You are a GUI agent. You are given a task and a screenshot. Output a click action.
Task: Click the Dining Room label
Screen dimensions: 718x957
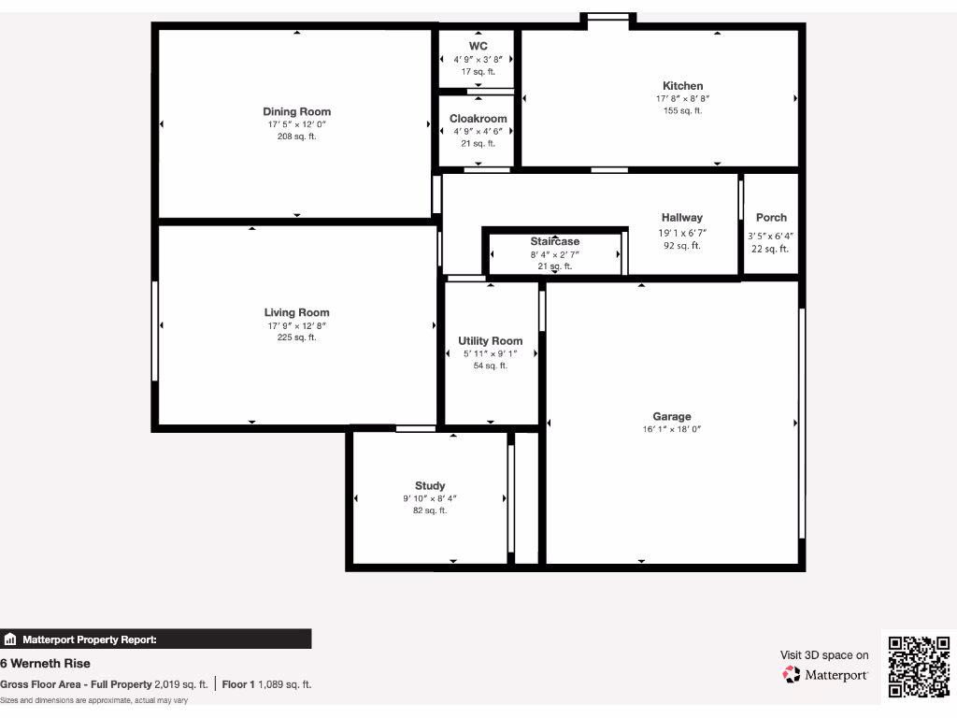pos(296,112)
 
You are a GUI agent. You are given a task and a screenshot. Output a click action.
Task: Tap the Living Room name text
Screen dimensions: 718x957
pos(296,313)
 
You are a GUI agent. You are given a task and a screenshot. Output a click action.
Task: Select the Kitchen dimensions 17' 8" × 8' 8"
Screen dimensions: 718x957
pos(682,98)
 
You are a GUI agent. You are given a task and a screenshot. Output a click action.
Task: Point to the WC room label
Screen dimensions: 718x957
pos(478,46)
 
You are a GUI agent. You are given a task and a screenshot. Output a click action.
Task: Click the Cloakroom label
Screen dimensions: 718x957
pos(478,119)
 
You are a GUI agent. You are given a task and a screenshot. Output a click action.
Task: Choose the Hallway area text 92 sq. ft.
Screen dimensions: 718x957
pos(682,246)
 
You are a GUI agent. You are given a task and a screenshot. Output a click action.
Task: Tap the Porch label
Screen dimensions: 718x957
pos(771,218)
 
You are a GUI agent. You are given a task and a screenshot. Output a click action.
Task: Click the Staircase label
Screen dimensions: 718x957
pos(555,241)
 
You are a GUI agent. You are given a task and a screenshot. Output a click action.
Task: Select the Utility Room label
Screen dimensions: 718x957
pos(491,341)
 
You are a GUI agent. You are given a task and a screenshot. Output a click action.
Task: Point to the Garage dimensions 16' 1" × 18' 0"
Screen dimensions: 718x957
pos(671,429)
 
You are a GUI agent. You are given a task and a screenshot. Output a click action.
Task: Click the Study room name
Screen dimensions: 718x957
pos(430,486)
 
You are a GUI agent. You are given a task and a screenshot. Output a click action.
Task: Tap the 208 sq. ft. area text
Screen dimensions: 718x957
pos(296,136)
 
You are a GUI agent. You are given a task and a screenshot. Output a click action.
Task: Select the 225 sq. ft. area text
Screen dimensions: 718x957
pos(296,337)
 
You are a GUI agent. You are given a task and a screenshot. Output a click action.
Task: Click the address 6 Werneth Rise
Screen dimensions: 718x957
pos(46,663)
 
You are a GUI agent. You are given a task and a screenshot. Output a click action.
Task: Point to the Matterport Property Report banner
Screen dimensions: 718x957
pos(155,639)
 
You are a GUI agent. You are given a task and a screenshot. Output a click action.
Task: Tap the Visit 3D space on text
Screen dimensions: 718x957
pos(824,655)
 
